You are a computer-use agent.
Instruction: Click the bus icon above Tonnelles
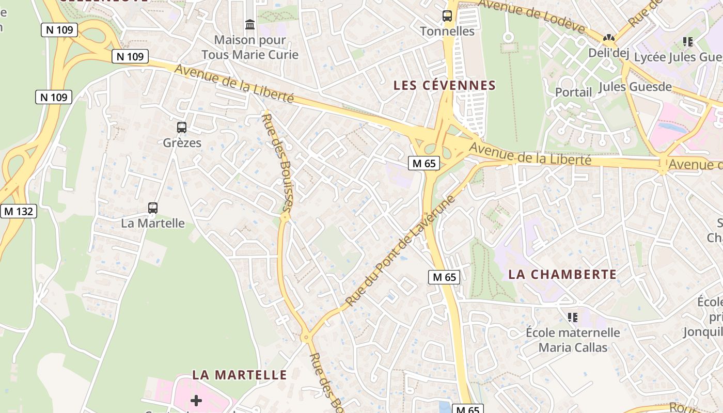(447, 16)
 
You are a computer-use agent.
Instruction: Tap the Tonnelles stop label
(447, 31)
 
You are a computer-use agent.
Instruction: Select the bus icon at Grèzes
(182, 127)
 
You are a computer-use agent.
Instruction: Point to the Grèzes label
(182, 142)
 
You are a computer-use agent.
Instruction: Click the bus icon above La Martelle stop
(153, 208)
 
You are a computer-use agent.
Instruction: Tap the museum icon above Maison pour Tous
(250, 24)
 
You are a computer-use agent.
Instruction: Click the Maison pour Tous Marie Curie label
(250, 47)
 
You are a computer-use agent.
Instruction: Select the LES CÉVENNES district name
(445, 86)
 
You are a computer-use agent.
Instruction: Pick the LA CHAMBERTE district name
(562, 274)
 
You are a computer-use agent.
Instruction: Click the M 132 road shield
(18, 211)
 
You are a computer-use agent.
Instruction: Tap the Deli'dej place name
(609, 53)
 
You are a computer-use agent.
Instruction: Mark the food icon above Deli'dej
(609, 38)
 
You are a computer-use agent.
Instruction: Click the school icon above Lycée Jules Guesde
(687, 41)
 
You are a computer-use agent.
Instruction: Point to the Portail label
(573, 92)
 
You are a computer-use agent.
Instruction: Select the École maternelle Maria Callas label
(573, 340)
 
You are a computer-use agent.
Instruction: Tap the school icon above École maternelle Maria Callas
(572, 316)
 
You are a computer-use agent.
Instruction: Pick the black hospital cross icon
(196, 400)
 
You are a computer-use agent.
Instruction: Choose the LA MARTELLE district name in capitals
(240, 375)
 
